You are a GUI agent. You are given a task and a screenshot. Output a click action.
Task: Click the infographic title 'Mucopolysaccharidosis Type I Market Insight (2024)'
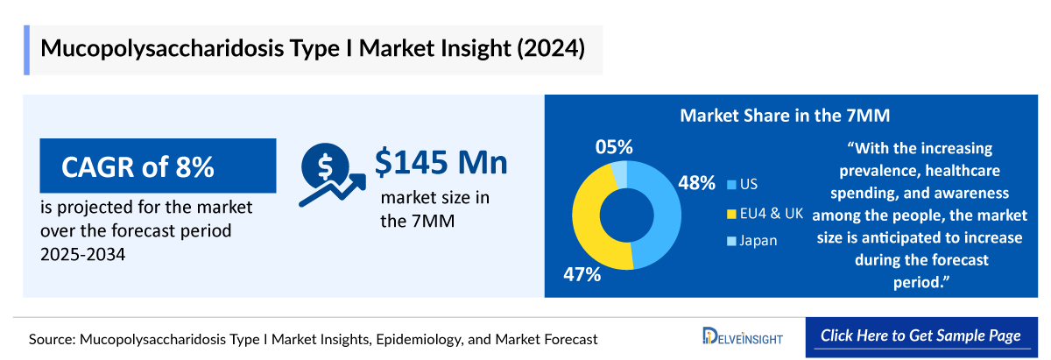(x=312, y=47)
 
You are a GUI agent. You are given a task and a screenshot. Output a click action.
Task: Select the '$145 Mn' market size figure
(x=441, y=163)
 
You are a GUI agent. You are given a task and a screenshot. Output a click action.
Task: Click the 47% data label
(x=582, y=274)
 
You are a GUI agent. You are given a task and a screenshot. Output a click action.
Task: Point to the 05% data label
(x=614, y=146)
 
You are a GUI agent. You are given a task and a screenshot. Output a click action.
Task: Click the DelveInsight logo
(x=744, y=337)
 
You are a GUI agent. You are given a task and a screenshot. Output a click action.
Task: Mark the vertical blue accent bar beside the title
(x=26, y=48)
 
